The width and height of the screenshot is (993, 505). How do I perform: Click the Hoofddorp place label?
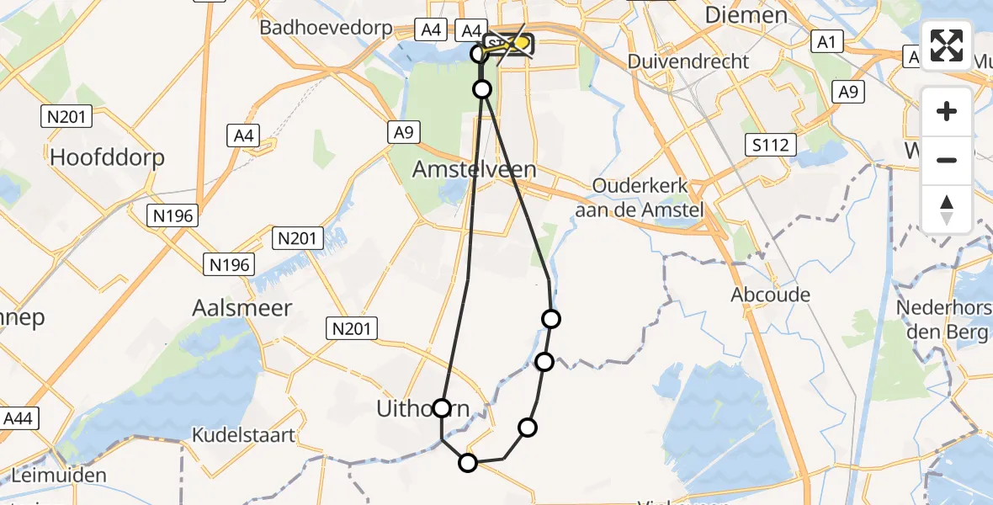coord(107,157)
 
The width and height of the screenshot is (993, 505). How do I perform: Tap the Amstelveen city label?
coord(474,169)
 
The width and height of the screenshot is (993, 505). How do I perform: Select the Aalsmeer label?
coord(242,308)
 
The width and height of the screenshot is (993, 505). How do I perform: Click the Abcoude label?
coord(770,295)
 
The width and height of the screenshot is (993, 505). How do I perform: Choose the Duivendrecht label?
coord(688,61)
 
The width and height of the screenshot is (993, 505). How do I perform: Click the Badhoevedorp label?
coord(326,28)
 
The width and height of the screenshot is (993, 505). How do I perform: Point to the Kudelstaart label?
coord(244,435)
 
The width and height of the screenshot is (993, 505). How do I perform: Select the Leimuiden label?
coord(54,475)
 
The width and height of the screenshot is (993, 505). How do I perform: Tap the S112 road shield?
coord(771,146)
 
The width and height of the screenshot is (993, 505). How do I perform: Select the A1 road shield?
coord(825,41)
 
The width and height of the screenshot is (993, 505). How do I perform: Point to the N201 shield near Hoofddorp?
coord(66,117)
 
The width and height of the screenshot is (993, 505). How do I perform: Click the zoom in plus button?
coord(947,111)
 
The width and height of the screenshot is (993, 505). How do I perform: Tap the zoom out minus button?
coord(947,160)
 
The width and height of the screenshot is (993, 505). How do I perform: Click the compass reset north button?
coord(947,209)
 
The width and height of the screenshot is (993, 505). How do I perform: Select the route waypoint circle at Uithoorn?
coord(442,408)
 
